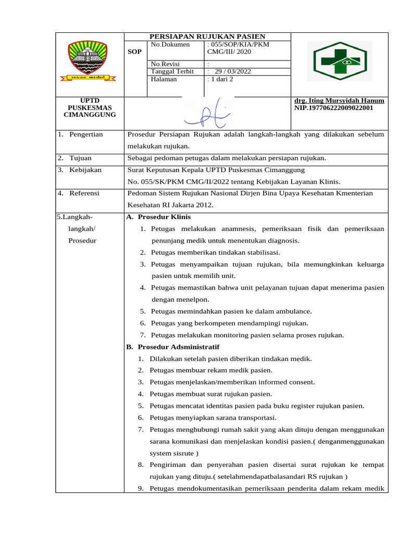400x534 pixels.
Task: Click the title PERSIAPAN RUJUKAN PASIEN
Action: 207,37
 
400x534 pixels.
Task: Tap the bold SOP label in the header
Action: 134,52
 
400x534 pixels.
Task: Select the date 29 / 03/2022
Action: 232,71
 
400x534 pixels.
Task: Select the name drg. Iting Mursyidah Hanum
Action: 339,101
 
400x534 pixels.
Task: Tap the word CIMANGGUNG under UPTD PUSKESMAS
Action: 90,115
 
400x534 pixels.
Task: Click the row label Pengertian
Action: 86,135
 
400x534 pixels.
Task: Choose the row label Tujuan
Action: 80,158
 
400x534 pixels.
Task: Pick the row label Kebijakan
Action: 85,170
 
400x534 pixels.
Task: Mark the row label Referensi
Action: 85,193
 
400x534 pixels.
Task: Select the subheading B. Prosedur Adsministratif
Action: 173,347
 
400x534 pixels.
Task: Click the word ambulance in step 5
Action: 293,311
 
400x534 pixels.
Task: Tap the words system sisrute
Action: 170,453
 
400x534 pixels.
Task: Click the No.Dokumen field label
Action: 168,45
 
